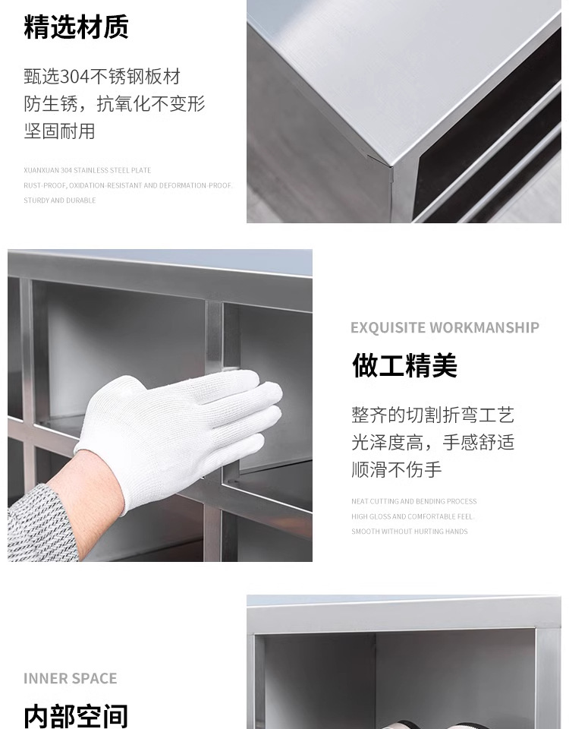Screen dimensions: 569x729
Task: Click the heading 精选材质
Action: (x=76, y=27)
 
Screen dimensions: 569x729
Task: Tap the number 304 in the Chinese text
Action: (x=74, y=77)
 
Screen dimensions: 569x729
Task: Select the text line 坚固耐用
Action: (x=59, y=131)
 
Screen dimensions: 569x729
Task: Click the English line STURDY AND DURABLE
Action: (x=60, y=200)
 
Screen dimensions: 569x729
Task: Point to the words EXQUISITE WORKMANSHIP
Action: (x=445, y=327)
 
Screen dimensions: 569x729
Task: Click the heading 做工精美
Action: (x=404, y=365)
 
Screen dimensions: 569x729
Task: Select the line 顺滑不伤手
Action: (x=396, y=469)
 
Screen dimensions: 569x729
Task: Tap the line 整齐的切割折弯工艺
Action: (x=433, y=415)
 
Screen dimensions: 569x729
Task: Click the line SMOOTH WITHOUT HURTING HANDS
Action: (x=409, y=532)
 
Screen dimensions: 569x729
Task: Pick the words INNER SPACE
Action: (x=70, y=678)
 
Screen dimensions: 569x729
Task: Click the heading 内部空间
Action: (x=76, y=716)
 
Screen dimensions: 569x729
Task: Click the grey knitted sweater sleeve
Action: (x=39, y=525)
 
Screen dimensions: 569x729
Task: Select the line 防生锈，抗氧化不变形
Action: (x=115, y=104)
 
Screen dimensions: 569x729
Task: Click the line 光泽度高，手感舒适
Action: (x=433, y=442)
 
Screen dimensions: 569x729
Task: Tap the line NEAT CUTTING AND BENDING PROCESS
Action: (x=414, y=501)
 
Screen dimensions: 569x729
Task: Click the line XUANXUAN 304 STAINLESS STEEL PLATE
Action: (x=87, y=170)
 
